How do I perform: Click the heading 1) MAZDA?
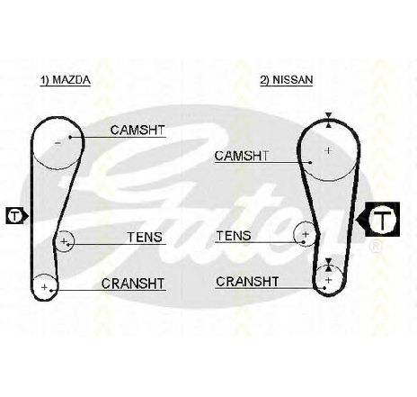pos(66,80)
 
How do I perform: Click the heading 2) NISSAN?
pos(287,80)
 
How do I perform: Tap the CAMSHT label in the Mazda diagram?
pos(138,131)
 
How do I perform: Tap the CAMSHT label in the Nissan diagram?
pos(242,156)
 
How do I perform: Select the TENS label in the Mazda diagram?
pos(145,237)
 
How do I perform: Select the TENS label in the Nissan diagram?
pos(234,236)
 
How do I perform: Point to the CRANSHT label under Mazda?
pos(133,284)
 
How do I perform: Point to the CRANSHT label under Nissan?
pos(247,282)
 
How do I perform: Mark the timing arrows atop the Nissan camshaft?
pos(329,120)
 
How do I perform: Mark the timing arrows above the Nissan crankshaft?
pos(329,266)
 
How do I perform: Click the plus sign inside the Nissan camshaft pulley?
pos(329,150)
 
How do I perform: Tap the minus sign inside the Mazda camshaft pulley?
pos(58,143)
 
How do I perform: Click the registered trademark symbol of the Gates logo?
pos(377,247)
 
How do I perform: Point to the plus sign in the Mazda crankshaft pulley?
pos(44,287)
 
